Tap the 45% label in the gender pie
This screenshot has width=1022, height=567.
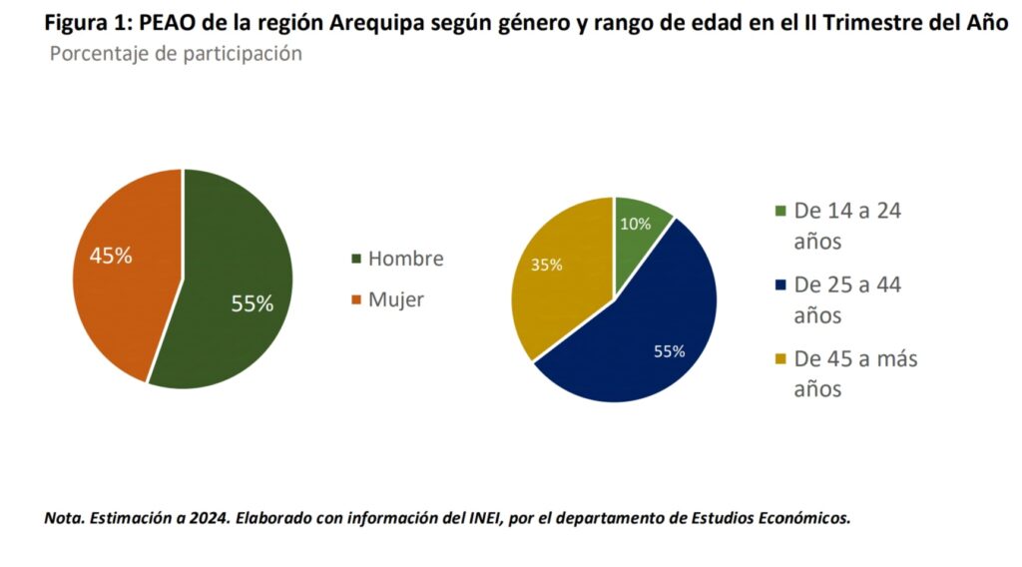[111, 256]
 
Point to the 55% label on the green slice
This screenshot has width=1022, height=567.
[252, 304]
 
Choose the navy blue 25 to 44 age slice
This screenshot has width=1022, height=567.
[659, 329]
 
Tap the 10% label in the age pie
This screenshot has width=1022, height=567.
[635, 224]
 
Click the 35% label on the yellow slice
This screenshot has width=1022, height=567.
[546, 266]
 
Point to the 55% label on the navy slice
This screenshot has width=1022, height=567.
[670, 351]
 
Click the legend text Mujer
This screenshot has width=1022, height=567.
[395, 299]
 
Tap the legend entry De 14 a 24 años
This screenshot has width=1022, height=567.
[847, 226]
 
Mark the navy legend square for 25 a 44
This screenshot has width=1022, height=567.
[779, 286]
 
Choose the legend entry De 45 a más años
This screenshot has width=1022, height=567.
[854, 373]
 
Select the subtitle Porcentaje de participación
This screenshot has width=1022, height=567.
[176, 54]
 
